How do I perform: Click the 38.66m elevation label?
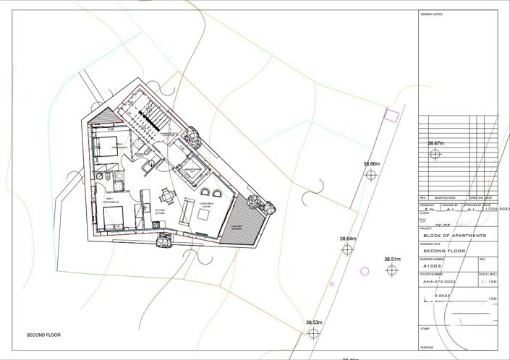(x=371, y=165)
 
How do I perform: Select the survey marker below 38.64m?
(x=347, y=249)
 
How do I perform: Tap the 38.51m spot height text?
(x=392, y=259)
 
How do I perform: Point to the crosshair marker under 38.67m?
(x=435, y=155)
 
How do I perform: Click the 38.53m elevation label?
(x=313, y=322)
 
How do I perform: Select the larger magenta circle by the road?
(x=365, y=271)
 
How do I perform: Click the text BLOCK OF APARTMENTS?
(x=455, y=236)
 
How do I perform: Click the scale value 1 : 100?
(x=488, y=283)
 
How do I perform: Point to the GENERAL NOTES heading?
(x=431, y=14)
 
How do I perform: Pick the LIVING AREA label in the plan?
(x=204, y=205)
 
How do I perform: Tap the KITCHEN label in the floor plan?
(x=160, y=212)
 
